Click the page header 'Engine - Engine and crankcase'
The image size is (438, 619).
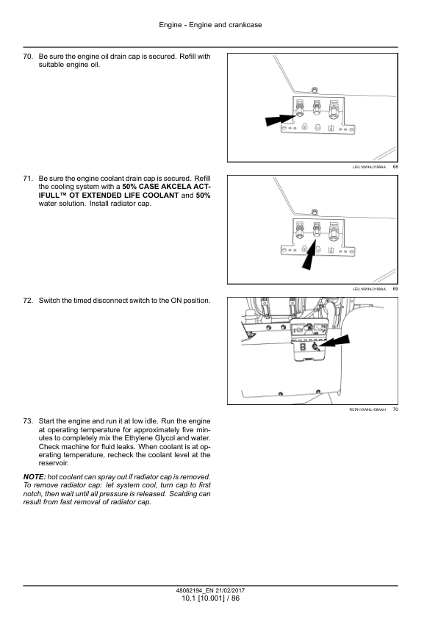210,25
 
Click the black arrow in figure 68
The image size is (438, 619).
280,118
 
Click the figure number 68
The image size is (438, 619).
395,168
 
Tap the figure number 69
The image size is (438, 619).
395,289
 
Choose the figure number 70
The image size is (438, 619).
395,409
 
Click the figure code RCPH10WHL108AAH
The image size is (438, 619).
368,409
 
